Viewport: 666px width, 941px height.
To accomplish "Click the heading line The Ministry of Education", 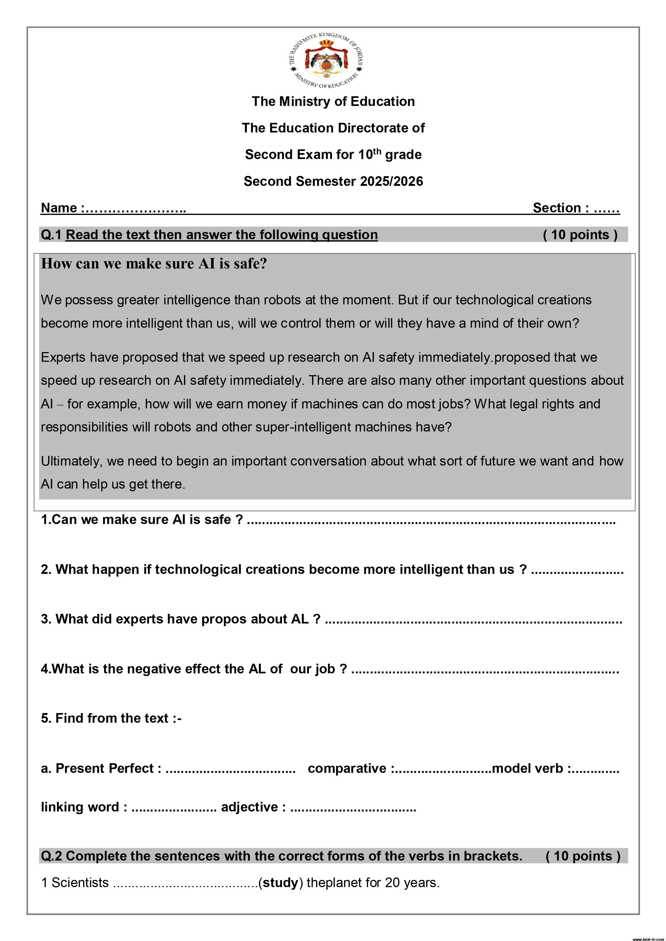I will [x=333, y=101].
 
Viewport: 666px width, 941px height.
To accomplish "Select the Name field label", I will [x=59, y=208].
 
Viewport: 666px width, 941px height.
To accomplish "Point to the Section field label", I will [x=561, y=208].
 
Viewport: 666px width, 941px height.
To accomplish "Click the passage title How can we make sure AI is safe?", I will [x=154, y=264].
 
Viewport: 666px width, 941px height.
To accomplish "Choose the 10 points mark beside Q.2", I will [x=583, y=856].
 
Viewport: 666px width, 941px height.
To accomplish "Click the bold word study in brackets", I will [x=280, y=882].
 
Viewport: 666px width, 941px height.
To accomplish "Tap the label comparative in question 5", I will [x=347, y=769].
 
